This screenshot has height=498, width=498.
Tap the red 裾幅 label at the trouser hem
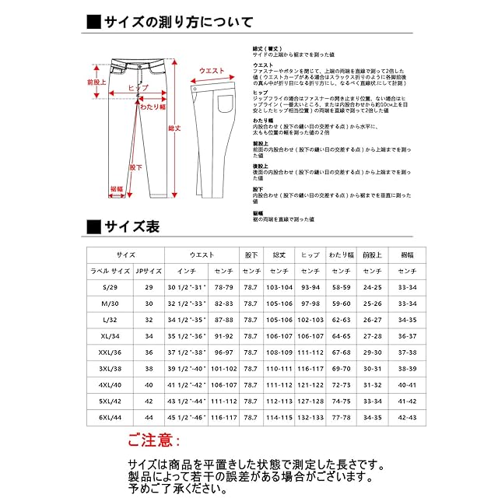tap(117, 188)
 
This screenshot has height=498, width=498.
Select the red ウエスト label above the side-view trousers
tap(212, 71)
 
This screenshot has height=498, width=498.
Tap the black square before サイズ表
tap(93, 227)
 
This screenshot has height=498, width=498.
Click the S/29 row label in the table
tap(110, 287)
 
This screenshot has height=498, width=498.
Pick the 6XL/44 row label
tap(110, 418)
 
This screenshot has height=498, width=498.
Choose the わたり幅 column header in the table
tap(342, 254)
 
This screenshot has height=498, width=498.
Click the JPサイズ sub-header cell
tap(149, 271)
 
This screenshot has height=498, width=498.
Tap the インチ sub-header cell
tap(187, 271)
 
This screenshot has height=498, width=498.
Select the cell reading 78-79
tap(223, 287)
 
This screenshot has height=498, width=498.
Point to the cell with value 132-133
tap(310, 418)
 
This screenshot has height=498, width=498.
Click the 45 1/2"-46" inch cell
tap(187, 418)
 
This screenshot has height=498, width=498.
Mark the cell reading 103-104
tap(279, 287)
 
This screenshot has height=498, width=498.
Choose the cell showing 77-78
tap(342, 418)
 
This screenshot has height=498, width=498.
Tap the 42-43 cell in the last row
tap(407, 418)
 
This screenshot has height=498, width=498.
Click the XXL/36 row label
tap(110, 352)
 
